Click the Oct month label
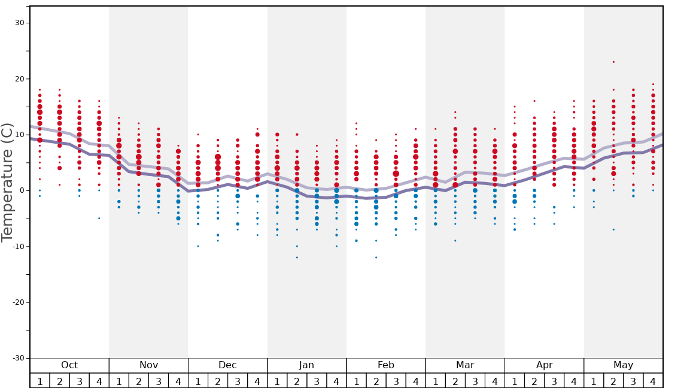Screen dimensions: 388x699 pos(69,365)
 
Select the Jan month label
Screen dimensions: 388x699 pos(306,365)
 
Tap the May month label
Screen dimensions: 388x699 pos(623,365)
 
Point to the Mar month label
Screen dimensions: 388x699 pos(465,365)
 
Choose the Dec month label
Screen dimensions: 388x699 pos(227,365)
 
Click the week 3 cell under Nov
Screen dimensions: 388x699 pos(159,381)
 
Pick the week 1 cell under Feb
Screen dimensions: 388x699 pos(356,381)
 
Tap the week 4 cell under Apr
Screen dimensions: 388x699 pos(574,381)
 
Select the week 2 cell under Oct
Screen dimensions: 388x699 pos(59,381)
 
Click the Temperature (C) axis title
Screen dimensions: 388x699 pos(7,182)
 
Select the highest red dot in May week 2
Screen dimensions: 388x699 pos(613,62)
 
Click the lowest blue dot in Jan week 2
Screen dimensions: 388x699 pos(297,257)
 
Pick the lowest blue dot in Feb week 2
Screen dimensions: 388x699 pos(376,257)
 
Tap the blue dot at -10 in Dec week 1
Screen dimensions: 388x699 pos(198,246)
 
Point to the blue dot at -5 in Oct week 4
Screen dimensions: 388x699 pos(99,218)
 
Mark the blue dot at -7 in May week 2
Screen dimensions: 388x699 pos(613,229)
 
